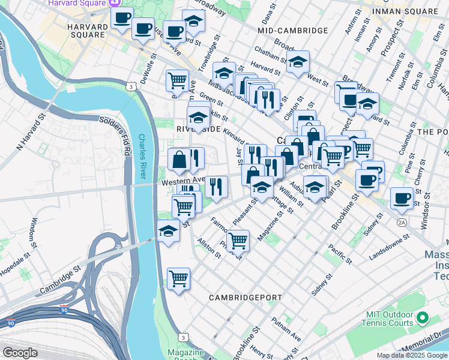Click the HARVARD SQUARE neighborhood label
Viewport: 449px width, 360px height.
pyautogui.click(x=86, y=31)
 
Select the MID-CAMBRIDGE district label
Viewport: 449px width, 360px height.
pyautogui.click(x=292, y=31)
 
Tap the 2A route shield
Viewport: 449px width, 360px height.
pyautogui.click(x=401, y=223)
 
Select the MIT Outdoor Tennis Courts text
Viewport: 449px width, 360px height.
pyautogui.click(x=390, y=320)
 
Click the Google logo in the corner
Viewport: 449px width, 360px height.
pyautogui.click(x=20, y=353)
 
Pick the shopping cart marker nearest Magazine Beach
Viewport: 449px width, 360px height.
pyautogui.click(x=178, y=279)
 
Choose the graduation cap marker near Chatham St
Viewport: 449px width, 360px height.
pyautogui.click(x=298, y=62)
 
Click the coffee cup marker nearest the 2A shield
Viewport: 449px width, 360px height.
pyautogui.click(x=402, y=198)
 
